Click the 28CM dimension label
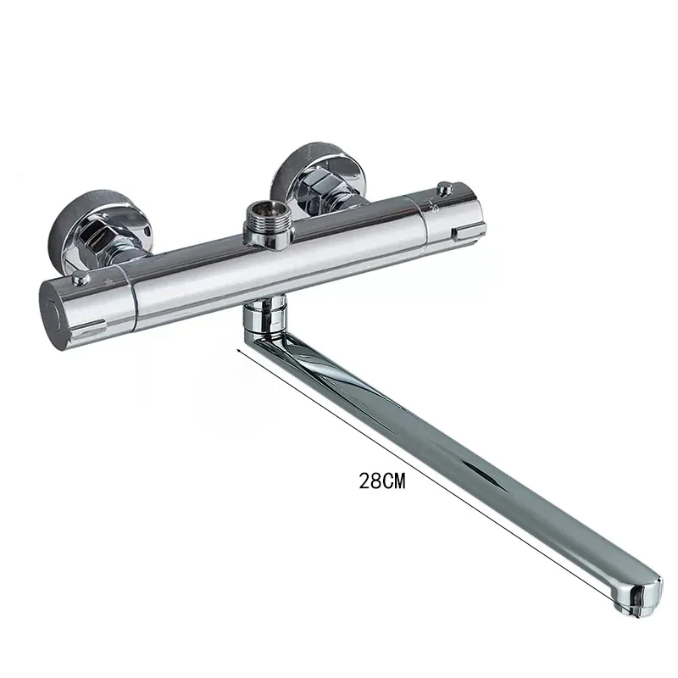click(x=383, y=481)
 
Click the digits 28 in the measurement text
click(x=370, y=481)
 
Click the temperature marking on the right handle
click(x=433, y=204)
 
